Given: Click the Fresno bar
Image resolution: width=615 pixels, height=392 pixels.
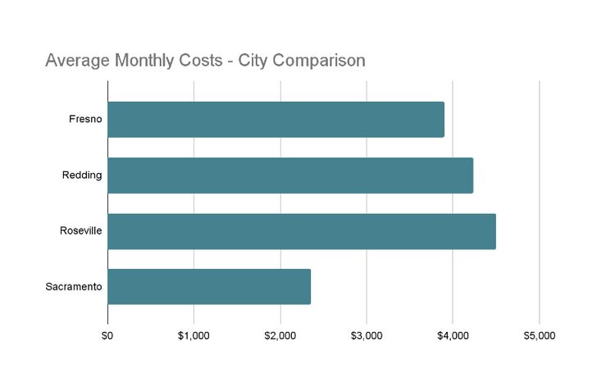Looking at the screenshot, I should click(276, 120).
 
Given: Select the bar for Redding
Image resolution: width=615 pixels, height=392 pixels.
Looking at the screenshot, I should click(290, 175).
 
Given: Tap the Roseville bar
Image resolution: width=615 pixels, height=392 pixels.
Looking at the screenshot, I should click(302, 231).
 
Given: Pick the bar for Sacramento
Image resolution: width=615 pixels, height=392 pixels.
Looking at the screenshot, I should click(209, 287).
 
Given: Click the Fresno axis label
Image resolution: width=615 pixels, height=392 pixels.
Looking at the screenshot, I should click(85, 120).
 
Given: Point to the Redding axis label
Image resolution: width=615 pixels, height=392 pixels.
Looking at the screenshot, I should click(82, 175).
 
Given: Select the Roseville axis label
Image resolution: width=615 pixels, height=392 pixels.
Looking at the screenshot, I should click(80, 231).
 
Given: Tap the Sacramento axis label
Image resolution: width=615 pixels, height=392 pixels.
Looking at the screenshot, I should click(74, 287).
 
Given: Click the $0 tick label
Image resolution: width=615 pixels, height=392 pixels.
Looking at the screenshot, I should click(107, 335).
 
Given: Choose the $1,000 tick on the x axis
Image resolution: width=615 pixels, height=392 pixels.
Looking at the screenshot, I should click(194, 335).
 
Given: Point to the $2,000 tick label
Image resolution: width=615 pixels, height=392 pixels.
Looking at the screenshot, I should click(280, 335).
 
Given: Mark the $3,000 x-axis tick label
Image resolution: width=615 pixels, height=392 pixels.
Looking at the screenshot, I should click(367, 335).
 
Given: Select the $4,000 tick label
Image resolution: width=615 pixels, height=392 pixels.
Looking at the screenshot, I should click(453, 335).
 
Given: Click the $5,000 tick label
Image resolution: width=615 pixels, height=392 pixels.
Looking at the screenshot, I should click(539, 335).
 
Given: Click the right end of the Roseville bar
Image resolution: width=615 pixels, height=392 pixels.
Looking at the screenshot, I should click(494, 231).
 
